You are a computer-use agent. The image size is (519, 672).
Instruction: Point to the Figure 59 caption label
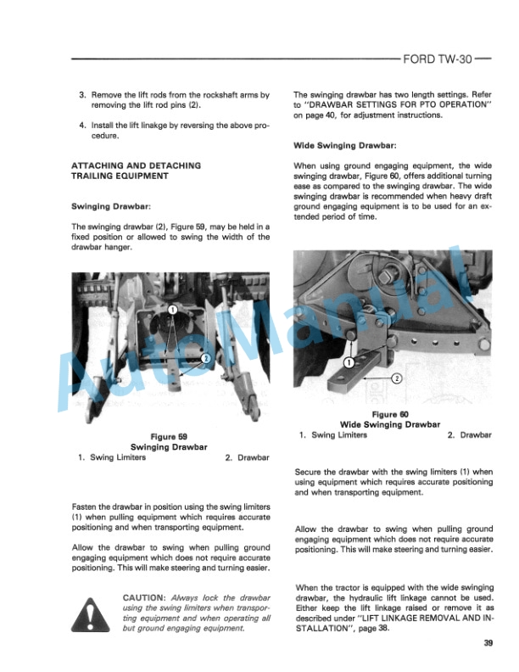tap(170, 436)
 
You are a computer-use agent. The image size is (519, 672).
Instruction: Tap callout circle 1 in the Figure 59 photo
tap(171, 310)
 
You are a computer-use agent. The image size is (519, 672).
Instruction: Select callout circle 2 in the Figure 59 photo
tap(205, 358)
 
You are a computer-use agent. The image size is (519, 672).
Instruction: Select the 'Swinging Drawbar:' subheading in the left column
tap(111, 206)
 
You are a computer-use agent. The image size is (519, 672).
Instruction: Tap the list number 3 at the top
tap(82, 95)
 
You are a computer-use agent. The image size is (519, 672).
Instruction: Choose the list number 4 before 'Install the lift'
tap(82, 124)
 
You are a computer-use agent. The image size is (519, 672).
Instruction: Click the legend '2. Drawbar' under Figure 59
tap(248, 457)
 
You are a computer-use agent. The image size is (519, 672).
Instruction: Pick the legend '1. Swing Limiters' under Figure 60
tap(333, 435)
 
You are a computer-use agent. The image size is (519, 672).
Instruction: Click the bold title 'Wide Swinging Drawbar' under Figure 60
tap(390, 424)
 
